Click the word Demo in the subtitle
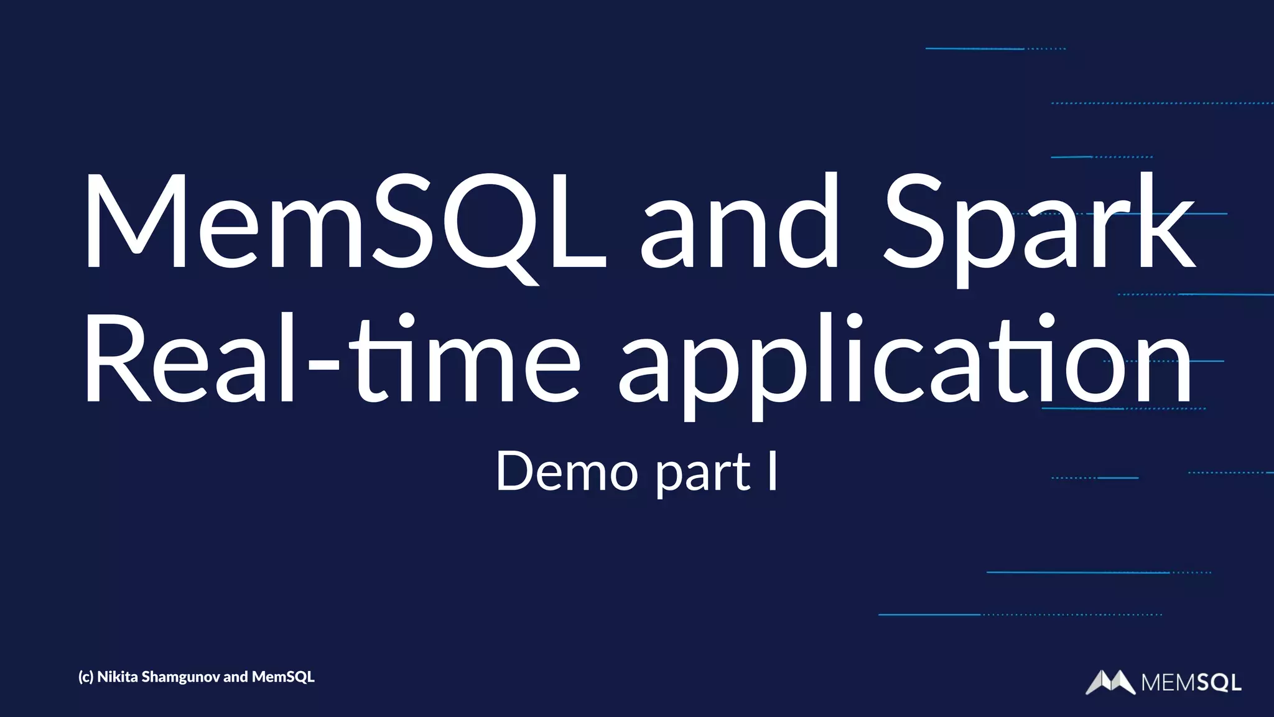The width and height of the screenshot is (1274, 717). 567,472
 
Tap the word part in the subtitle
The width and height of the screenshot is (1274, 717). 703,474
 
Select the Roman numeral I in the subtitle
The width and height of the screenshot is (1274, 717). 772,471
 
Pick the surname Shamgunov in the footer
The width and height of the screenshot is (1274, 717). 181,677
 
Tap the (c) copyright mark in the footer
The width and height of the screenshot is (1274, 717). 86,677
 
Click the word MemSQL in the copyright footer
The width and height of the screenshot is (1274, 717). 283,677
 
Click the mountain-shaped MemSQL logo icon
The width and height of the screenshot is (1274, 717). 1110,682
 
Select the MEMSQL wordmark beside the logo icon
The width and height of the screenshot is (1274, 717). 1191,683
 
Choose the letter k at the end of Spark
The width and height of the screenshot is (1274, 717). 1163,221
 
